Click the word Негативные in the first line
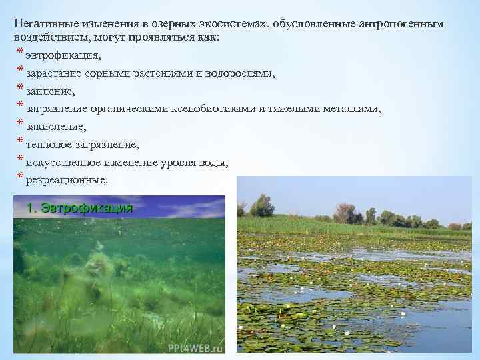coord(45,23)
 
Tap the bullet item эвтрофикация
coord(64,55)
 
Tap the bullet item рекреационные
coord(67,181)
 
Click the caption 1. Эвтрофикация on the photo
coord(79,208)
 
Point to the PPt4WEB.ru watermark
coord(196,347)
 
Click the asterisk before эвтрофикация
coord(21,53)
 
